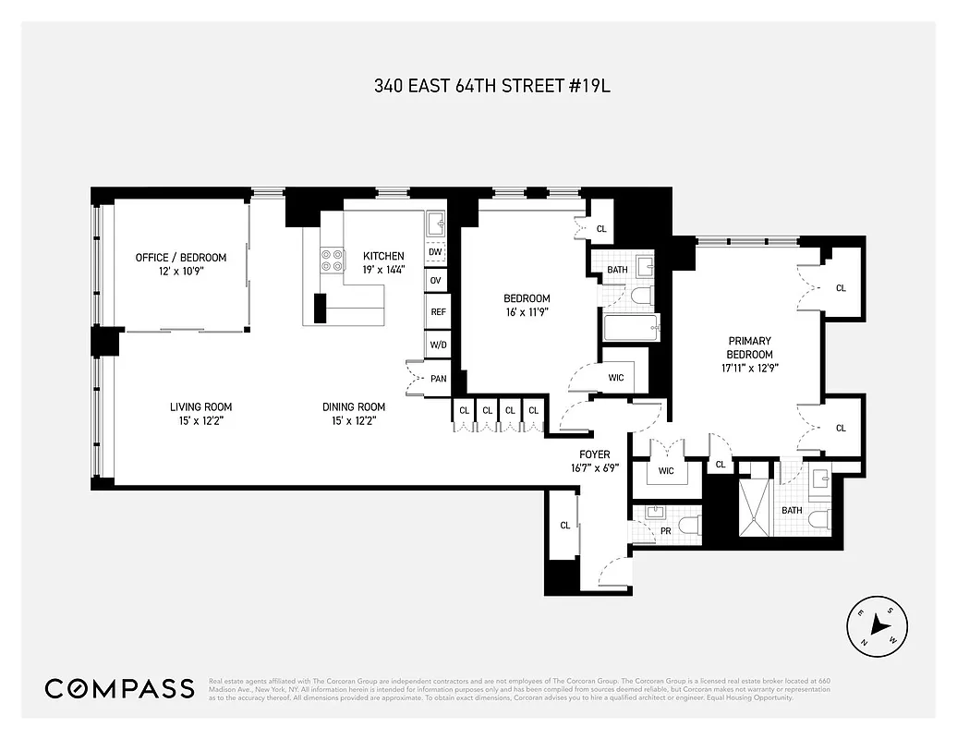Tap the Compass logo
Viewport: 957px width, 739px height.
coord(120,688)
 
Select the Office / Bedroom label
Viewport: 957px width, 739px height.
coord(180,258)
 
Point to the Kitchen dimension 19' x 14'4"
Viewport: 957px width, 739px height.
coord(383,270)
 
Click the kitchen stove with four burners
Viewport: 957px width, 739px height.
coord(332,261)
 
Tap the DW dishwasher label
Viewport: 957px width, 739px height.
coord(435,251)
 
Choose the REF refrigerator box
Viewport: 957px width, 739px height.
coord(438,312)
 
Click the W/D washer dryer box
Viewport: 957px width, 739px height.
coord(438,345)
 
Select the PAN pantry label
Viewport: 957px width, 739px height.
coord(439,379)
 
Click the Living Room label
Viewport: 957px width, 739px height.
coord(200,407)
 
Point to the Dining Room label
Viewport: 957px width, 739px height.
coord(354,407)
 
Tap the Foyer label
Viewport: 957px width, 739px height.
coord(593,454)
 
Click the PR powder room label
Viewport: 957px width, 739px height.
coord(665,531)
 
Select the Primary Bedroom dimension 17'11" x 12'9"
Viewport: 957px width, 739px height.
coord(748,368)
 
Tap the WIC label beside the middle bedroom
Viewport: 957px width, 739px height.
coord(617,378)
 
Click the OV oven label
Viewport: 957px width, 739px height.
coord(435,280)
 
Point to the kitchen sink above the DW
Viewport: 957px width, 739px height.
coord(435,223)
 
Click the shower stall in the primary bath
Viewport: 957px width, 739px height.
coord(757,508)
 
